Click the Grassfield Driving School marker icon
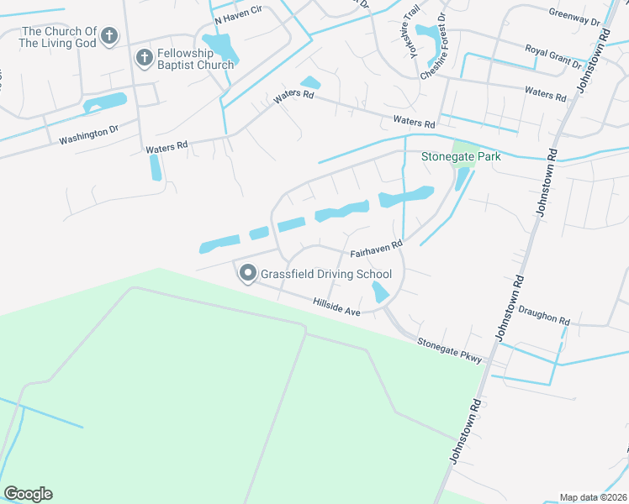(248, 273)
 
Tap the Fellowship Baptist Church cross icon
(144, 57)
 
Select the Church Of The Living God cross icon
(109, 35)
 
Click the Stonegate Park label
(460, 156)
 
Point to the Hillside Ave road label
(336, 307)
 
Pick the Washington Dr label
(89, 134)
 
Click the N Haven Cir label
(238, 18)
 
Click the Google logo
(28, 494)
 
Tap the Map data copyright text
(594, 497)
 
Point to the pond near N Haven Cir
(220, 47)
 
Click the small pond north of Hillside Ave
(380, 291)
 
